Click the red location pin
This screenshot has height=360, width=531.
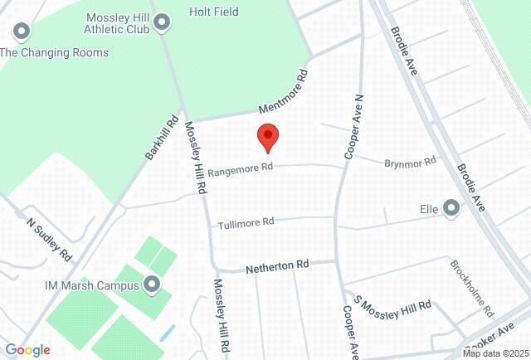pyautogui.click(x=267, y=137)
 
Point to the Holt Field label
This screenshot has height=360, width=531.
pyautogui.click(x=213, y=12)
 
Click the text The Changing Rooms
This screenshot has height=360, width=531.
pyautogui.click(x=54, y=52)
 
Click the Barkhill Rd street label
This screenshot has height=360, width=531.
pyautogui.click(x=163, y=138)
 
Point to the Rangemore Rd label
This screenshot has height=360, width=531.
pyautogui.click(x=240, y=169)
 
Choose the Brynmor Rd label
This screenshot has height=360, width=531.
pyautogui.click(x=410, y=163)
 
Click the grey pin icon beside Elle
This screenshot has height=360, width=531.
pyautogui.click(x=451, y=207)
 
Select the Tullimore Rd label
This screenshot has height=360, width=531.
pyautogui.click(x=246, y=223)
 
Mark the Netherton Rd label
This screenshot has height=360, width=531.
pyautogui.click(x=277, y=265)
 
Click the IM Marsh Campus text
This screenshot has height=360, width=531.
pyautogui.click(x=91, y=285)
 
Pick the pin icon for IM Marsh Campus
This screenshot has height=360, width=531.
pyautogui.click(x=152, y=285)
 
